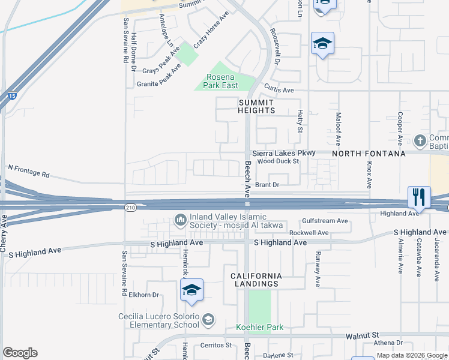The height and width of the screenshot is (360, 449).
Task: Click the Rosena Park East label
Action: point(222,81)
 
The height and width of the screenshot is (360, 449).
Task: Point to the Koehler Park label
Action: point(259,327)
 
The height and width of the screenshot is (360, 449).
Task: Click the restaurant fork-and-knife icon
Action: point(419,197)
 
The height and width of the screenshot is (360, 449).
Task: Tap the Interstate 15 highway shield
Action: point(12,96)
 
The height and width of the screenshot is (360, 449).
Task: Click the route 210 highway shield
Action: point(131,207)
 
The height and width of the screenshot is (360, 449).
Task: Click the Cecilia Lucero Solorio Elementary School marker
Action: point(208,319)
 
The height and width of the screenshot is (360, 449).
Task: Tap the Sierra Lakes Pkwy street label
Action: point(283,153)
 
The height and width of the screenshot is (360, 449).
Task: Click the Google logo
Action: point(20,353)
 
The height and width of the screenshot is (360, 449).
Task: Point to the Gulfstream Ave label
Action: point(325,221)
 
